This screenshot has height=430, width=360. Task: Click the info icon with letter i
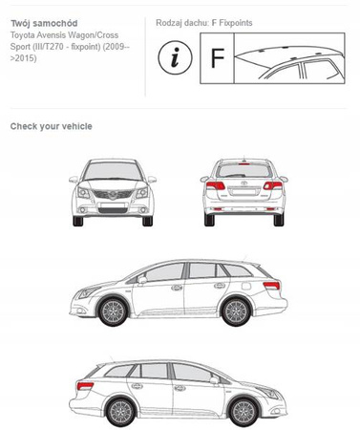175,57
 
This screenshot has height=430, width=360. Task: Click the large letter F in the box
218,58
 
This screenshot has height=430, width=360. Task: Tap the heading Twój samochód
44,23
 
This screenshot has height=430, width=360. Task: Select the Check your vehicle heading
52,126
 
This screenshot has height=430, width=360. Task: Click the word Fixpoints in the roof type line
236,23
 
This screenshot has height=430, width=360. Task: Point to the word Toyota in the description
20,35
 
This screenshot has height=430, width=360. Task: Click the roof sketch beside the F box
289,58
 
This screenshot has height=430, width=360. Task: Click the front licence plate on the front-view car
113,205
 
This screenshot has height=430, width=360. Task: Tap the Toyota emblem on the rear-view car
244,183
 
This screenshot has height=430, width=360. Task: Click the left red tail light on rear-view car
216,185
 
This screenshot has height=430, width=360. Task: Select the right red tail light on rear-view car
272,185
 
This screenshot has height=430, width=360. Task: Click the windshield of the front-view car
113,171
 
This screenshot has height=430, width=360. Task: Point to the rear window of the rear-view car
244,171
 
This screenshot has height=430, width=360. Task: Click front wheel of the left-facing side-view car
113,312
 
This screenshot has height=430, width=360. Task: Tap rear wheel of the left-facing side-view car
236,312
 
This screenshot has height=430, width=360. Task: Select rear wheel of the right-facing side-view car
121,413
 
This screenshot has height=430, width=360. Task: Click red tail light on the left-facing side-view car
271,286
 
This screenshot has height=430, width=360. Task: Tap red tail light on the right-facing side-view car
85,386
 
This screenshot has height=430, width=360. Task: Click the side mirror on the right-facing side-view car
214,380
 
